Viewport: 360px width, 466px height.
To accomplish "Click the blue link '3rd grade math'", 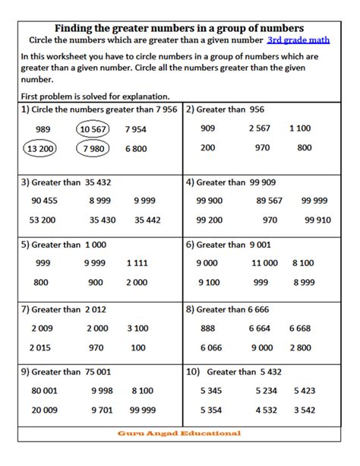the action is (299, 40).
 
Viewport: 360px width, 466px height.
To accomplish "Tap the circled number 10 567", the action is (93, 129).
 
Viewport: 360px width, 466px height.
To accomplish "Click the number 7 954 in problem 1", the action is (136, 129).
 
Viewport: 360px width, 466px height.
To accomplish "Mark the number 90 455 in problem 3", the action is (45, 201).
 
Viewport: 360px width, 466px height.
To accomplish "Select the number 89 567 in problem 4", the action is (270, 201).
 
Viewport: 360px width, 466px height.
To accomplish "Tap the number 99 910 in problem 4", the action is (317, 220).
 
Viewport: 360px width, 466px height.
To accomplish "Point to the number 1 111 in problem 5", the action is (137, 262).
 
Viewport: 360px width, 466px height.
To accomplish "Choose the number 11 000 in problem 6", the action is (264, 262).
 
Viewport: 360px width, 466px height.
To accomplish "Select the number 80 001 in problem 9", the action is (46, 391).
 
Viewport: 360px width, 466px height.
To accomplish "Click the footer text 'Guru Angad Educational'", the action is (179, 433).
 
